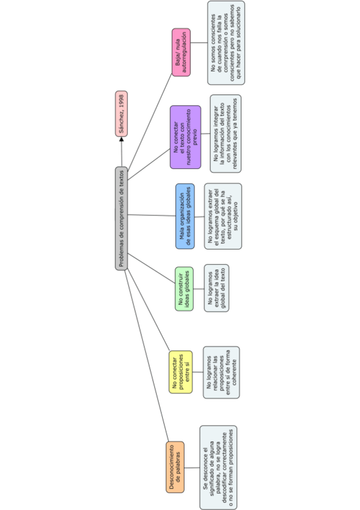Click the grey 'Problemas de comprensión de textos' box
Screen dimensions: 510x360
[121, 218]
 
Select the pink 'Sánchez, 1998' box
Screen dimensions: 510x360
[121, 114]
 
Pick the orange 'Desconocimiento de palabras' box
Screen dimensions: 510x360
[175, 467]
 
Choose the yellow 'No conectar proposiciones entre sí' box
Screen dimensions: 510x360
[180, 372]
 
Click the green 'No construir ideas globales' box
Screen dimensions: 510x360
[184, 289]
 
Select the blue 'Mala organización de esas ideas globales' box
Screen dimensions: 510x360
[185, 217]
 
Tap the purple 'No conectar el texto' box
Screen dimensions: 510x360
[185, 137]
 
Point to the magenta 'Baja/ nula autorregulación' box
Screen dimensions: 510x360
[181, 52]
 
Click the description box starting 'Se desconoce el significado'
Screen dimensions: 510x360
[218, 467]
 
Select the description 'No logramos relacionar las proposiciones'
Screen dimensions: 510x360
[221, 372]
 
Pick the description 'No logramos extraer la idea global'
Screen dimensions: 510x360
[216, 288]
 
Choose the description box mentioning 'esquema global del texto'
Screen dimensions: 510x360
[222, 217]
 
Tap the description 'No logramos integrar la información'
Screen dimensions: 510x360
[226, 133]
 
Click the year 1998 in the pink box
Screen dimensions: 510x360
[121, 101]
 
